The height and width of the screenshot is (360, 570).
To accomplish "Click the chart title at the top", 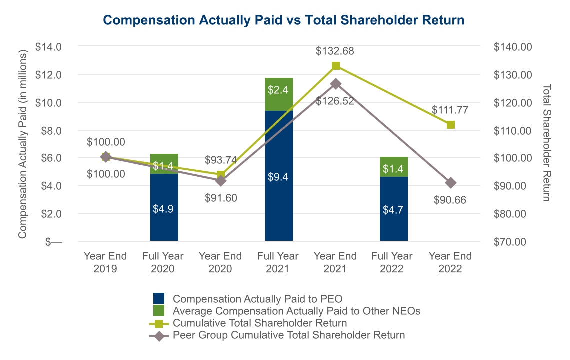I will (284, 20).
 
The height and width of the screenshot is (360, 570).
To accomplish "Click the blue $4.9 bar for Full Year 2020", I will (164, 207).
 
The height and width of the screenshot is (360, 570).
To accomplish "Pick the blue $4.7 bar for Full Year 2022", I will (394, 209).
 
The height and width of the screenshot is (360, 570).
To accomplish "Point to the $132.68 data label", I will (336, 51).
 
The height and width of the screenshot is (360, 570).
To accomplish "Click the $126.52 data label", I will (336, 101).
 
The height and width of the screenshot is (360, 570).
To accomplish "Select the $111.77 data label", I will (450, 109).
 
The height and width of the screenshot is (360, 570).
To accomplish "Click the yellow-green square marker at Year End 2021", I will (336, 66).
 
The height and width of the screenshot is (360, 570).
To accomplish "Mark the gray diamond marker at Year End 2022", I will (450, 183).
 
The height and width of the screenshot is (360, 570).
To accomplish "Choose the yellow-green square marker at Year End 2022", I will (450, 124).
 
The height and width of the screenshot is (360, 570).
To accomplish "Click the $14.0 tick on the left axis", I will (48, 47).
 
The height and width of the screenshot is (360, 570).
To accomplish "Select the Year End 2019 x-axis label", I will (105, 262).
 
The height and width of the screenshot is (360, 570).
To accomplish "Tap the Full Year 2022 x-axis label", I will (392, 262).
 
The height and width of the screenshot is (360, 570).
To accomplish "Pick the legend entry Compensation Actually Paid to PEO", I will (257, 299).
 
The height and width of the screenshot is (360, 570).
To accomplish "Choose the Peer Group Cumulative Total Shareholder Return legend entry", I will (288, 335).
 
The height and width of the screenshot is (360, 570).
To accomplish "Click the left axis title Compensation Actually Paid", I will (23, 144).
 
